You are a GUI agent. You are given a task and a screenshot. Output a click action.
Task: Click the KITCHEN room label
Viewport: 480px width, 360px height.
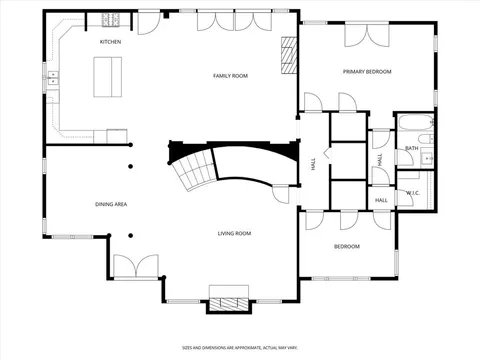tap(110, 42)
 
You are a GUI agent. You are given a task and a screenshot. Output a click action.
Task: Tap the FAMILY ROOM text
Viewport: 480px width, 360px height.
tap(230, 76)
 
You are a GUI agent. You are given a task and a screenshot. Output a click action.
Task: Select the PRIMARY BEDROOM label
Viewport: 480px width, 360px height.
tap(367, 72)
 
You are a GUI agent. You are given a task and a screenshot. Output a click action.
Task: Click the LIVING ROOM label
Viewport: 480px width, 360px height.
tap(234, 233)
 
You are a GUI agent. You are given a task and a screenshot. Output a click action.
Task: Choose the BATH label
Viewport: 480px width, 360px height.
tap(412, 149)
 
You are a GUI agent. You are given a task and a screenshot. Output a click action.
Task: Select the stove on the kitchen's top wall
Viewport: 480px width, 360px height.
tap(111, 20)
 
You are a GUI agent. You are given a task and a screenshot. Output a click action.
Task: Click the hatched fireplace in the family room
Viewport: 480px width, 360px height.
tap(289, 55)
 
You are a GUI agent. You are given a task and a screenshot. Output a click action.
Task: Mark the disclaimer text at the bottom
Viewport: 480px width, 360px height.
tap(239, 348)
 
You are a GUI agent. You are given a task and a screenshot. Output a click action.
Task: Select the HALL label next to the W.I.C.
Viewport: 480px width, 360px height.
tap(381, 199)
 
